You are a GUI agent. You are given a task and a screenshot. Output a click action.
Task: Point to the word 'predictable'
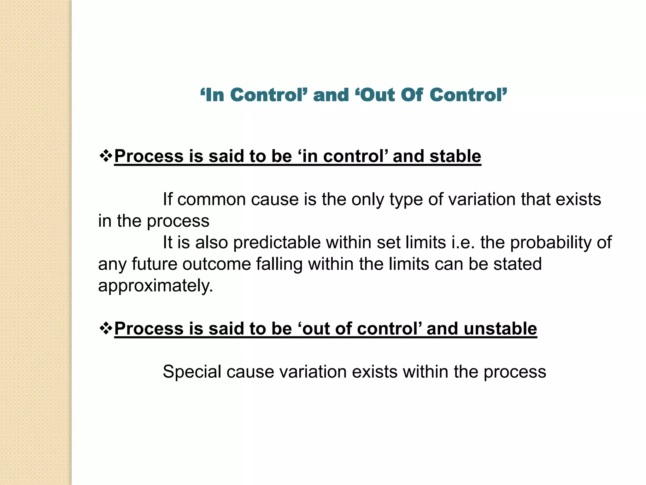click(x=277, y=243)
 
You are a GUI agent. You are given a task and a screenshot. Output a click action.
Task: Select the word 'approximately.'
click(x=156, y=286)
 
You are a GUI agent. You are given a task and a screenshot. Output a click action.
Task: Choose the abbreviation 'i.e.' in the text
click(x=463, y=242)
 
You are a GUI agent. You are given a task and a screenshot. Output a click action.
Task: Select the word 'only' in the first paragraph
click(x=367, y=200)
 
